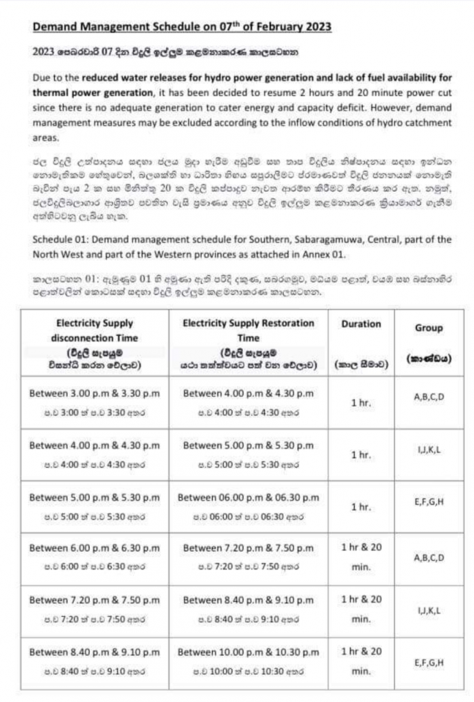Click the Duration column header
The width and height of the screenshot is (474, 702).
361,324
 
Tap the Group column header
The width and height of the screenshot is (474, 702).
429,328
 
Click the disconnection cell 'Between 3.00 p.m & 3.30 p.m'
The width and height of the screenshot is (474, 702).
95,394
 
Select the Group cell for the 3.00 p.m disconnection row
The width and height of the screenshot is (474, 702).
429,396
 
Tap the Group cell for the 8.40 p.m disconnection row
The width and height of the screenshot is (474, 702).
429,662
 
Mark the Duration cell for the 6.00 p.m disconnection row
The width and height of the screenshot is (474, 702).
361,557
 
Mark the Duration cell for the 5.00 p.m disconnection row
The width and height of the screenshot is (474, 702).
361,508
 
